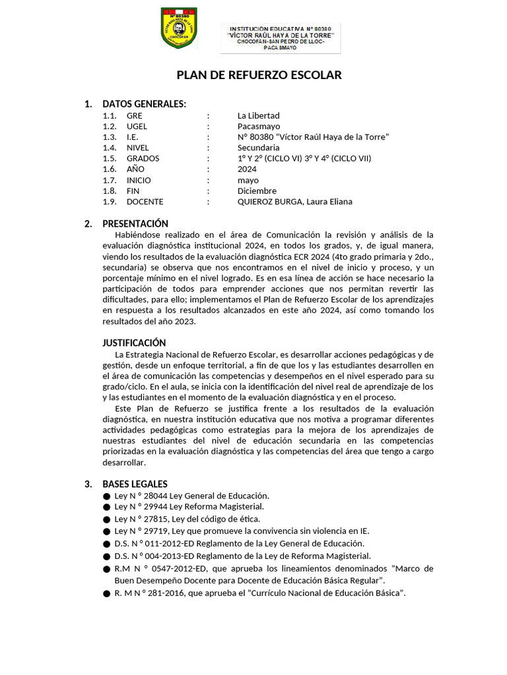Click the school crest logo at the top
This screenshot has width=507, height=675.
click(179, 28)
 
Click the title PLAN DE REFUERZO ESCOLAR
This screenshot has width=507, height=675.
click(259, 75)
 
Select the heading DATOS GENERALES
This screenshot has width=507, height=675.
click(144, 104)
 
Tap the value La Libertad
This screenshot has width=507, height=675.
click(259, 115)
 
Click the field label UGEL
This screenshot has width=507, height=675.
click(137, 126)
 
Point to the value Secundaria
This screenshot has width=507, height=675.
click(258, 148)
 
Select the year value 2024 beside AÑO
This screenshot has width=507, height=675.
click(248, 169)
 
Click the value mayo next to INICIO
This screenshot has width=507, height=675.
click(248, 180)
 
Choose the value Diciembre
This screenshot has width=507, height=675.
click(257, 191)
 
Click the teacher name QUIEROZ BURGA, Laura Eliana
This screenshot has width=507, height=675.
click(294, 202)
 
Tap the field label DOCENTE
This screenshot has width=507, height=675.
click(145, 202)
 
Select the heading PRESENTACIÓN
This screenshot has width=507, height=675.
click(135, 223)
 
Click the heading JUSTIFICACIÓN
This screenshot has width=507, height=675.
click(134, 343)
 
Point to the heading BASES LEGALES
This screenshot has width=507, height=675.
click(135, 484)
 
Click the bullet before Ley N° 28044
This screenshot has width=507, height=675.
click(106, 496)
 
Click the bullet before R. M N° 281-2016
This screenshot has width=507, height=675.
click(106, 594)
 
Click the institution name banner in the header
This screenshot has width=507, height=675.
click(281, 38)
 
